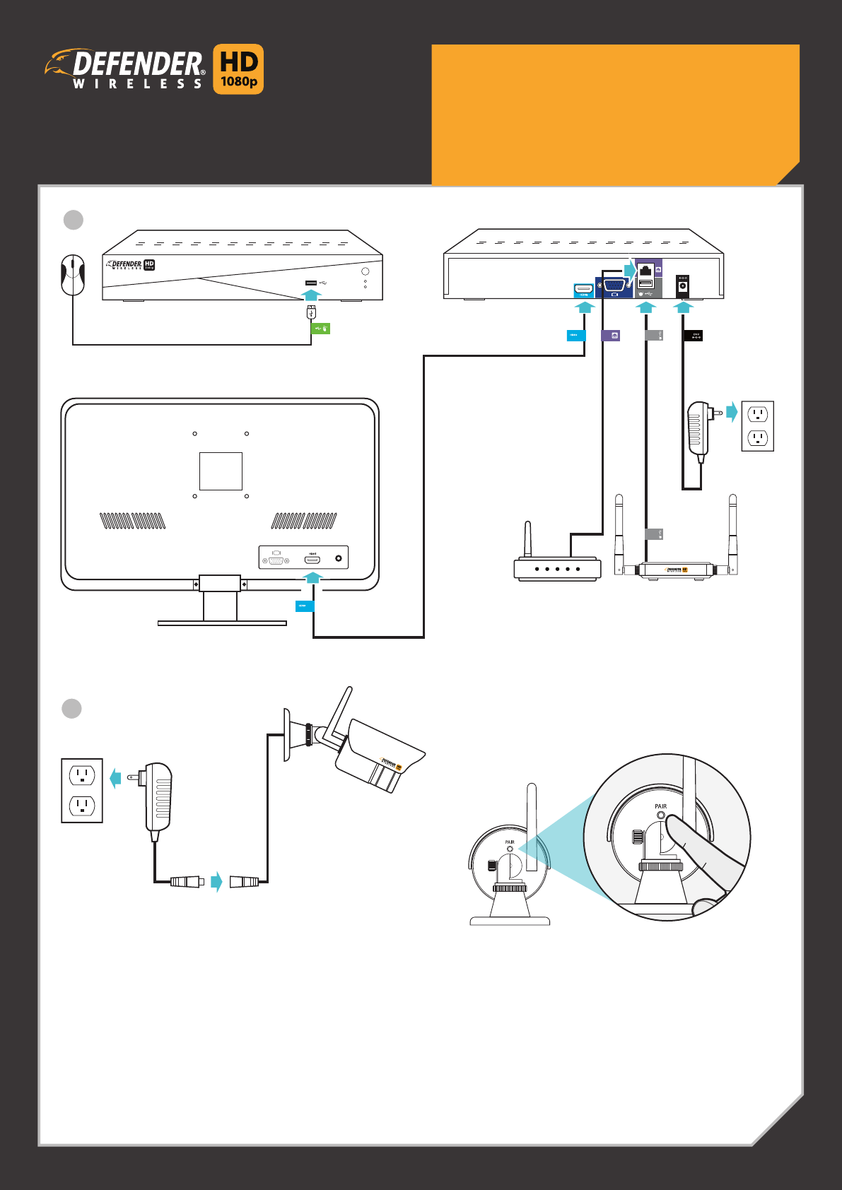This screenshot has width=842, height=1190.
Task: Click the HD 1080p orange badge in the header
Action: tap(238, 69)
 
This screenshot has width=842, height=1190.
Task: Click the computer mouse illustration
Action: tap(73, 275)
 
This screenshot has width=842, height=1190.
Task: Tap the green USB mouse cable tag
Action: tap(321, 329)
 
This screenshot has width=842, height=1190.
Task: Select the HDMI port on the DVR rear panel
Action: tap(583, 289)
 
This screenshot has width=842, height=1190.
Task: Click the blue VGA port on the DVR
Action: tap(614, 286)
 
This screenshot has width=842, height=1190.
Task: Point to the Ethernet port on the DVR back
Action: tap(645, 269)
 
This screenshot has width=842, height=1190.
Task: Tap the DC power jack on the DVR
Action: tap(683, 285)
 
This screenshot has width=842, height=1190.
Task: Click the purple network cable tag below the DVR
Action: tap(610, 336)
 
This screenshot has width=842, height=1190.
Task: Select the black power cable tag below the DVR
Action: tap(694, 336)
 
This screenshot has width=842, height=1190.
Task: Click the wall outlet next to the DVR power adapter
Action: tap(757, 425)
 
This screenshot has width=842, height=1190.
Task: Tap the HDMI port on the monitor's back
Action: tap(312, 560)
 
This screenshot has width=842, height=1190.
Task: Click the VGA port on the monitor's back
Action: tap(276, 560)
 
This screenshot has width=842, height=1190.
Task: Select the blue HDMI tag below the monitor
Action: tap(304, 606)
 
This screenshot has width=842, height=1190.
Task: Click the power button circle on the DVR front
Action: tap(366, 271)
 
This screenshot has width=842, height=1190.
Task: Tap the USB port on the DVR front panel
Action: tap(311, 283)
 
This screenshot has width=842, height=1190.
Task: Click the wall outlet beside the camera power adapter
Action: tap(82, 791)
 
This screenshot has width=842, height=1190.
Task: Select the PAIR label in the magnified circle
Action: tap(660, 806)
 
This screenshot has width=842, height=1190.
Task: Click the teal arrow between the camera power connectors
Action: tap(217, 881)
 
